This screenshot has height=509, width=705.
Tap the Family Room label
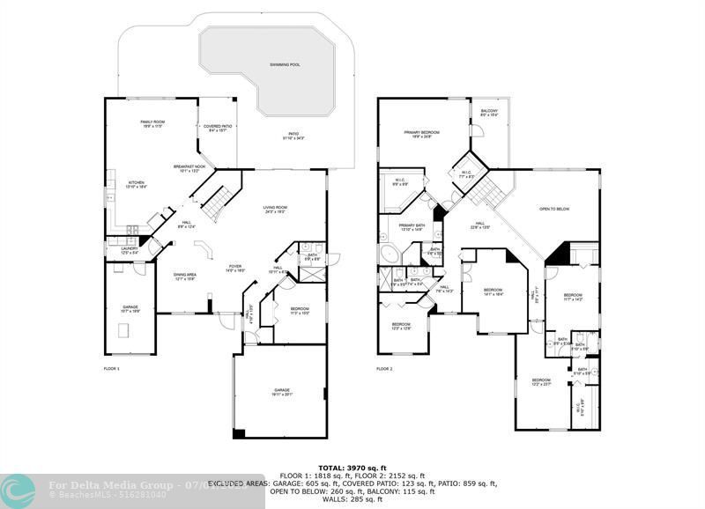(152, 123)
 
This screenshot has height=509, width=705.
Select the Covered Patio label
(216, 128)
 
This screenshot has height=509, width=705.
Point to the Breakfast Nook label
(189, 168)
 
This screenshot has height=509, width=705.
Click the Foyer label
(235, 268)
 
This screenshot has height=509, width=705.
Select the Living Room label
(275, 210)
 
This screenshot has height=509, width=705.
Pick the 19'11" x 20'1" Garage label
(281, 392)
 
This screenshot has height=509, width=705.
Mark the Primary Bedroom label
(421, 134)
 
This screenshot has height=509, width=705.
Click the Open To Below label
(554, 210)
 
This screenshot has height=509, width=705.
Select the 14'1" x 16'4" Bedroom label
(493, 291)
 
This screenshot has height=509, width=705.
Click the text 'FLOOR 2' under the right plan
(384, 368)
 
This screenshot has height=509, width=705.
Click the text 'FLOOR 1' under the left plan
(111, 368)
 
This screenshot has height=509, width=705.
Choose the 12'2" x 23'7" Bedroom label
(541, 383)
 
